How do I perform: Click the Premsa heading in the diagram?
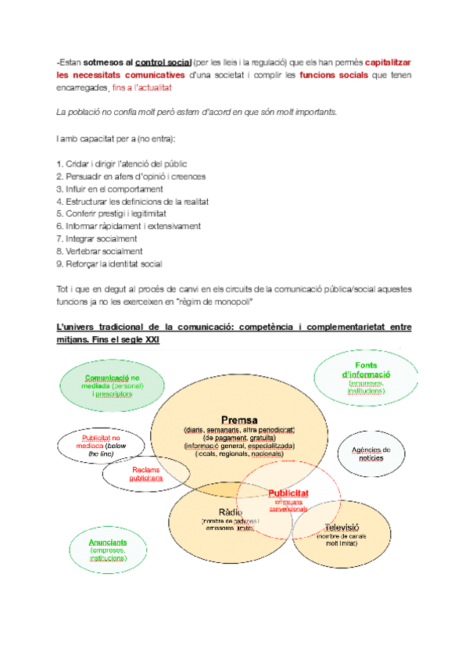pyautogui.click(x=238, y=419)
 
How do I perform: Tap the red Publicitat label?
pyautogui.click(x=288, y=493)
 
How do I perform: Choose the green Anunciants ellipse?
pyautogui.click(x=107, y=548)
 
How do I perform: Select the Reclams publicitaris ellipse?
pyautogui.click(x=146, y=472)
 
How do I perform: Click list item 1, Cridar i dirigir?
pyautogui.click(x=121, y=163)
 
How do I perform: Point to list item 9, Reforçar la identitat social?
pyautogui.click(x=109, y=263)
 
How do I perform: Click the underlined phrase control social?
pyautogui.click(x=163, y=61)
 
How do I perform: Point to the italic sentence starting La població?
pyautogui.click(x=196, y=113)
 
